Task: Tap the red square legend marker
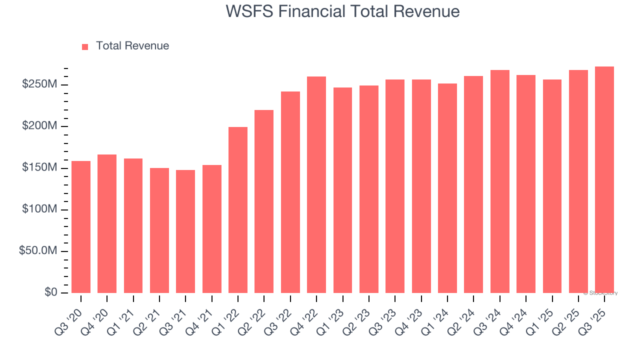coord(85,46)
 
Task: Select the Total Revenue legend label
coord(132,46)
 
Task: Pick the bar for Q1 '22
coord(238,209)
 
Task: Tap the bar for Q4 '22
coord(316,184)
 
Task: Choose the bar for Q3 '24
coord(500,181)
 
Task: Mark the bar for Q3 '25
coord(604,179)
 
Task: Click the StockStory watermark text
coord(600,293)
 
